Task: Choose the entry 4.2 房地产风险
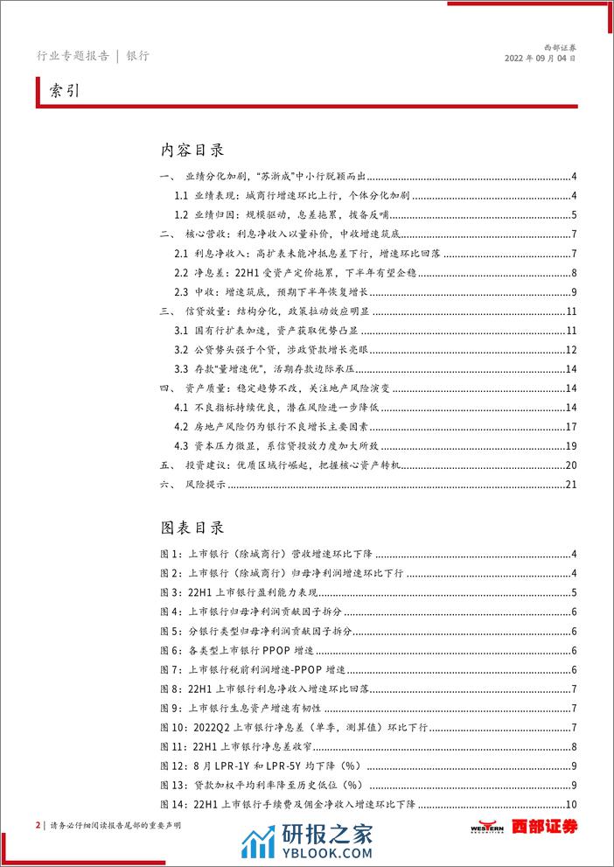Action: (x=289, y=427)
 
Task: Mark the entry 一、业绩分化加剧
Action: (x=271, y=177)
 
